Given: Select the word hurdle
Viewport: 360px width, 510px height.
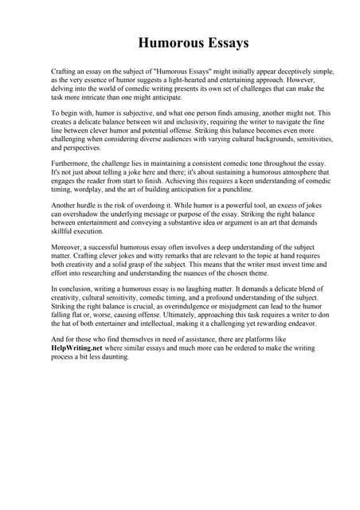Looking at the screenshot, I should [91, 206].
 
